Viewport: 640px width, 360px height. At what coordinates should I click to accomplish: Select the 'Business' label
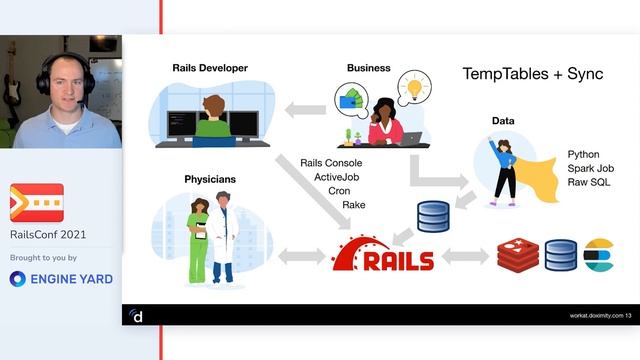pyautogui.click(x=369, y=68)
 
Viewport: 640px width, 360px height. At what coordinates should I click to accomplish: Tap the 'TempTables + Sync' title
pyautogui.click(x=532, y=75)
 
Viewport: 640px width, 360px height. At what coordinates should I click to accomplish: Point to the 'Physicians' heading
pyautogui.click(x=210, y=179)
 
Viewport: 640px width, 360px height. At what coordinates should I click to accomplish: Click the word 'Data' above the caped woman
pyautogui.click(x=503, y=121)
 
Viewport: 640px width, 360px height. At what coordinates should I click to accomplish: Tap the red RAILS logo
pyautogui.click(x=384, y=258)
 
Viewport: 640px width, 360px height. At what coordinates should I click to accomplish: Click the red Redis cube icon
pyautogui.click(x=517, y=256)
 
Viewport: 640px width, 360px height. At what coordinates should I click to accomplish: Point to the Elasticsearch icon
pyautogui.click(x=598, y=256)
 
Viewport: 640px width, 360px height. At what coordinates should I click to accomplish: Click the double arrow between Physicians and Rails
pyautogui.click(x=300, y=257)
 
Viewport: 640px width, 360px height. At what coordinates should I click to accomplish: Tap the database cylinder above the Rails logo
pyautogui.click(x=432, y=215)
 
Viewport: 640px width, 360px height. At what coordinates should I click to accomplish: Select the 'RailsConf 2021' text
pyautogui.click(x=48, y=234)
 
